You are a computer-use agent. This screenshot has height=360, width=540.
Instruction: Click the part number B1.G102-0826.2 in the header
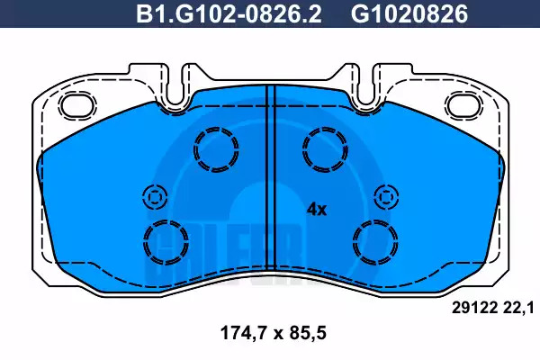tap(229, 14)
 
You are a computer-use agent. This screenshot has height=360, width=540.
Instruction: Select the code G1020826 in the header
tap(409, 14)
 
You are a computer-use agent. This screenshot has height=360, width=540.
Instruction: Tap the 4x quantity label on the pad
tap(317, 209)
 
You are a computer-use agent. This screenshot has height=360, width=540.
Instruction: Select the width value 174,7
tap(244, 334)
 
